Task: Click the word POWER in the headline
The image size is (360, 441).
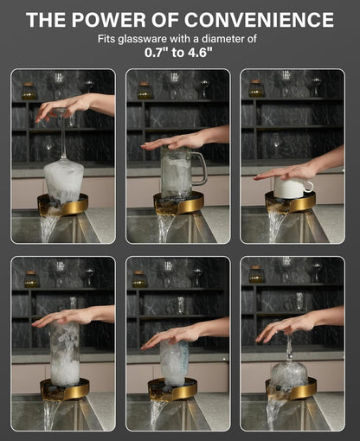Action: tap(108, 20)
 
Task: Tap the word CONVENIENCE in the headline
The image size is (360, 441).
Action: tap(259, 20)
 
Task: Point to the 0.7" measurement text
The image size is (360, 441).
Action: tap(157, 52)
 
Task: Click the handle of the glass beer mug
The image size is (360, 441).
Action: tap(201, 168)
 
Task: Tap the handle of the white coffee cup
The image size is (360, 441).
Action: tap(309, 186)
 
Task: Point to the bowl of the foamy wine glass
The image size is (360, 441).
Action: tap(64, 181)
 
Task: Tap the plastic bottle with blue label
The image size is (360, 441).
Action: tap(174, 362)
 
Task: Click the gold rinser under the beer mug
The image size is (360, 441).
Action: tap(179, 206)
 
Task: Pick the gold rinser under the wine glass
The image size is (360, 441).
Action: tap(63, 205)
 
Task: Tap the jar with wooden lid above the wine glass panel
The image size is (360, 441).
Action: tap(29, 91)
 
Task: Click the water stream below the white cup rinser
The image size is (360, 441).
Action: tap(276, 227)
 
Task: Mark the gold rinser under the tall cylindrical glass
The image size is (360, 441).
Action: tap(65, 390)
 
